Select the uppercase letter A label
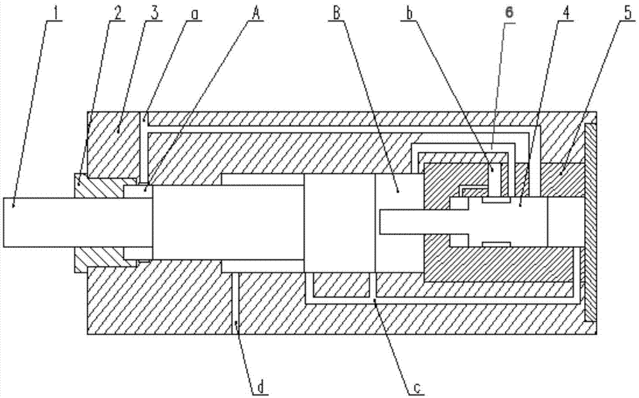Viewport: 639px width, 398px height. [x=256, y=11]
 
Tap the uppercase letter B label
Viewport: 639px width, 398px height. [x=335, y=11]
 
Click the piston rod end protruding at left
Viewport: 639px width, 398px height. [x=38, y=222]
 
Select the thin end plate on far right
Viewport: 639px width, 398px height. [x=591, y=220]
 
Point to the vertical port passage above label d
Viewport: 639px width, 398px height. [x=235, y=300]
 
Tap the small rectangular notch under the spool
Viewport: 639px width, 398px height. [x=496, y=244]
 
